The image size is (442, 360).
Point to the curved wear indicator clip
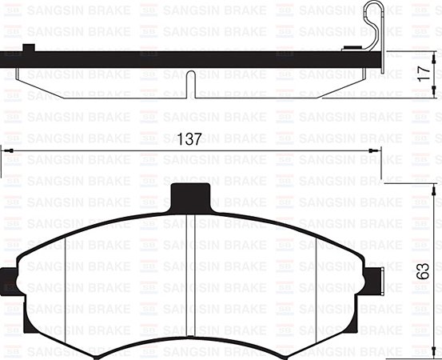(372, 28)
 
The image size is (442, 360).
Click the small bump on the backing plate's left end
(31, 48)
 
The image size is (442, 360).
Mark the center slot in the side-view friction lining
(190, 84)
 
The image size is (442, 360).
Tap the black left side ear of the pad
(10, 286)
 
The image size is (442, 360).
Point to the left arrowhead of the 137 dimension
(5, 150)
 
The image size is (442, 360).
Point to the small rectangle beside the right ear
(384, 282)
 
